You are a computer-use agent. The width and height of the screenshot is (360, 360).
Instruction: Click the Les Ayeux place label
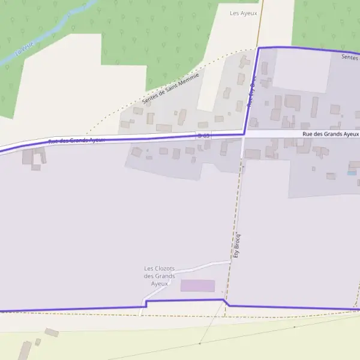[243, 13]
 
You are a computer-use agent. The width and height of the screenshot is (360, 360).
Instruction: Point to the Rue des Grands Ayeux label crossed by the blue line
[76, 140]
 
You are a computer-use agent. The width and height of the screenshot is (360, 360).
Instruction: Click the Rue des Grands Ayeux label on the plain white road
[331, 134]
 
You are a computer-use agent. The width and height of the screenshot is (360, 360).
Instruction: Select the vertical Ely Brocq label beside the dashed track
[236, 245]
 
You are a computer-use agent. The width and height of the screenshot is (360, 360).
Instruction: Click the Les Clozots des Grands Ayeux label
[160, 275]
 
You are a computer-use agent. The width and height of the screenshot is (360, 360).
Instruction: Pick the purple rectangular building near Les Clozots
[197, 286]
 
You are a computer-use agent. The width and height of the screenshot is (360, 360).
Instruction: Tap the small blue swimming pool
[351, 173]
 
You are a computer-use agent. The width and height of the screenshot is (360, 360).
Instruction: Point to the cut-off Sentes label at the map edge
[349, 57]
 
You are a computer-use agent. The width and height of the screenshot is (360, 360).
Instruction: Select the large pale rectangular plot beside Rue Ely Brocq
[301, 71]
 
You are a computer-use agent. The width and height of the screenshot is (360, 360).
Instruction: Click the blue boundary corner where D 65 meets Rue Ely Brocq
[244, 133]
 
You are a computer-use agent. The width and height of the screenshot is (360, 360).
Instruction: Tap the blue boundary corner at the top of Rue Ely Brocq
[259, 47]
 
